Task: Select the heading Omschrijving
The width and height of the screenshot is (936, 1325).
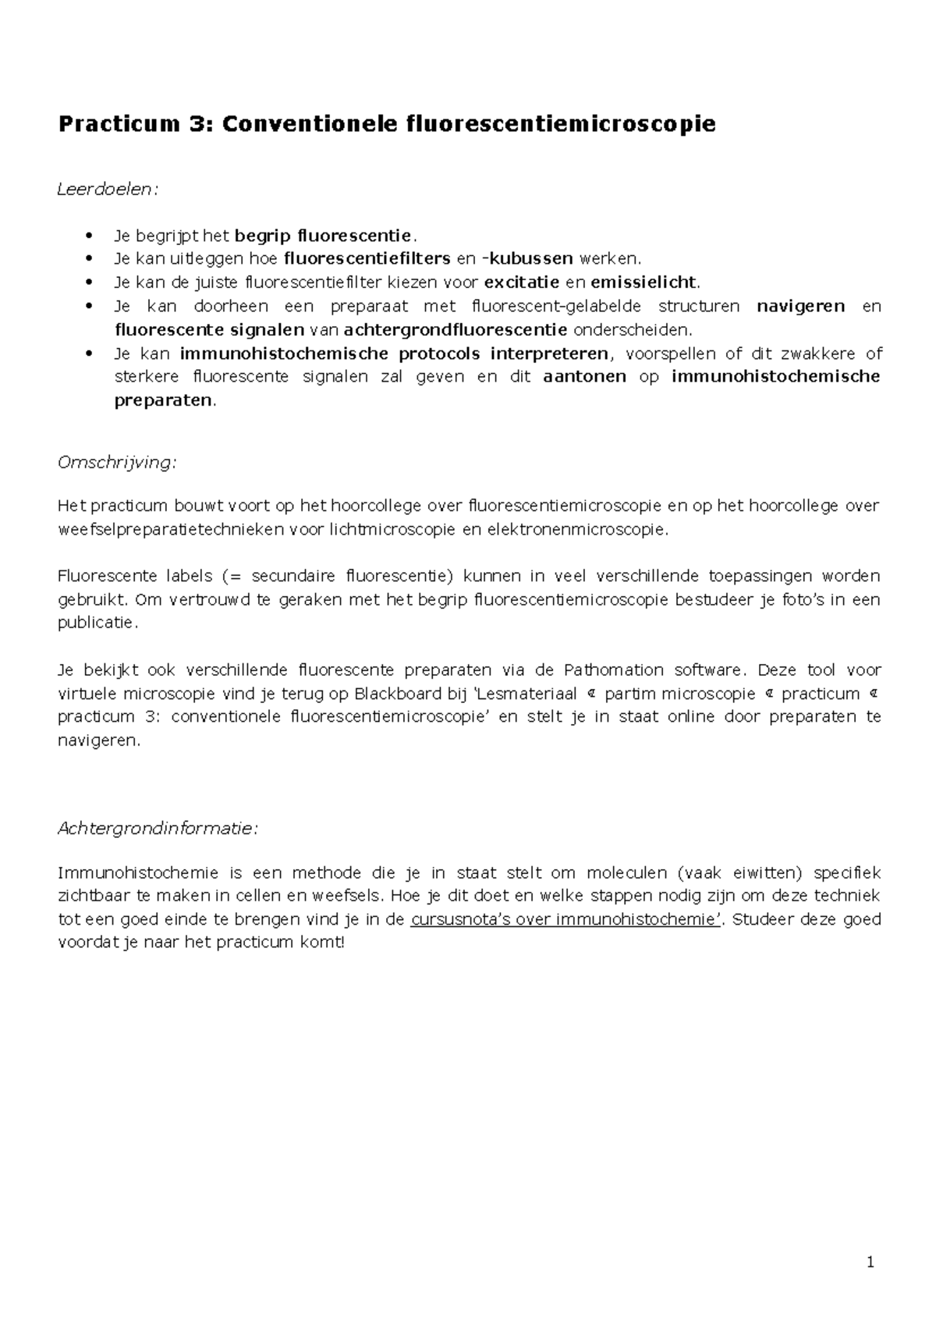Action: point(117,463)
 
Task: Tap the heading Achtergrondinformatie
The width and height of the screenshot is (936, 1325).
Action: point(157,829)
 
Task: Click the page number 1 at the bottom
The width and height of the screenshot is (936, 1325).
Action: point(870,1263)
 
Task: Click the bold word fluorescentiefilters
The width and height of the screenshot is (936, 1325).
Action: point(367,258)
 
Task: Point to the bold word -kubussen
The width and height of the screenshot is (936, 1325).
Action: point(527,258)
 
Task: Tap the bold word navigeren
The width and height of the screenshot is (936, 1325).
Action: point(801,306)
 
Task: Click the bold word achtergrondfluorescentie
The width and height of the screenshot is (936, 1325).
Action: point(456,329)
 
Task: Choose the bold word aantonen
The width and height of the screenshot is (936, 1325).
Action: point(584,377)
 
